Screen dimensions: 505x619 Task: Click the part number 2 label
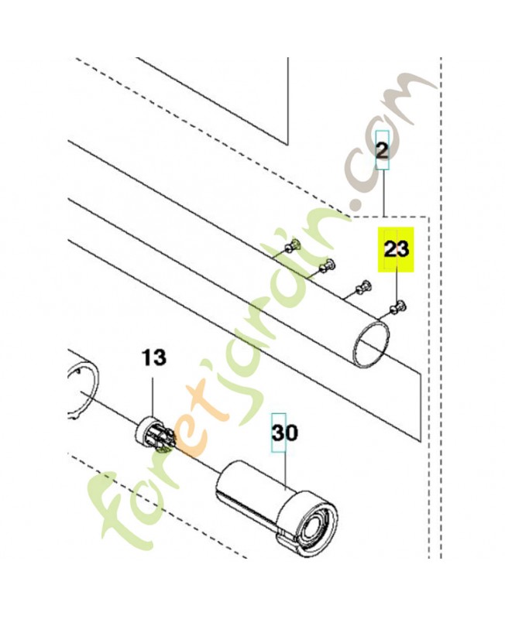point(382,151)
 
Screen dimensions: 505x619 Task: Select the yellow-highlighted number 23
point(397,249)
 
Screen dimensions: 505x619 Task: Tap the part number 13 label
point(154,358)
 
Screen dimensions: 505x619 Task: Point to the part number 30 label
point(285,433)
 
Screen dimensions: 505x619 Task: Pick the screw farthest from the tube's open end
point(292,246)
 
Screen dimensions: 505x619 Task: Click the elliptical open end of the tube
point(371,344)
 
